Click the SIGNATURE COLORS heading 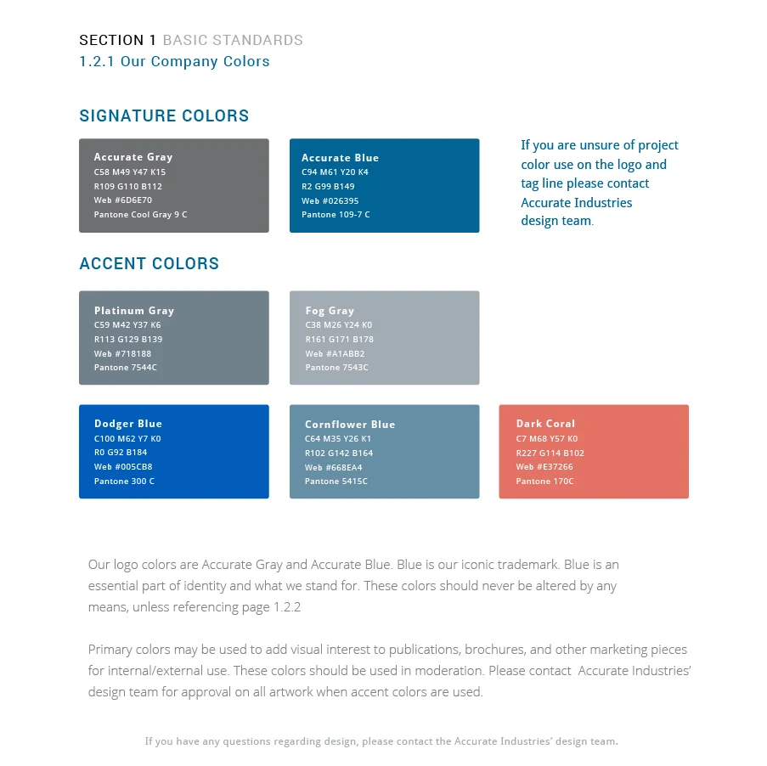pos(164,116)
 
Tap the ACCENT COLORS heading pos(149,264)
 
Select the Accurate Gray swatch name pos(133,157)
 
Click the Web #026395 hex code pos(330,201)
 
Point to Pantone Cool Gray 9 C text pos(141,215)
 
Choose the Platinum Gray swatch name pos(134,311)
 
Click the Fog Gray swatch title pos(330,311)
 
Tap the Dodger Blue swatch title pos(128,424)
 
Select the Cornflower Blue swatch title pos(350,425)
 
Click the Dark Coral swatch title pos(545,424)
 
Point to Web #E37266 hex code pos(544,467)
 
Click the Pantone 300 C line pos(125,482)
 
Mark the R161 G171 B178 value pos(340,340)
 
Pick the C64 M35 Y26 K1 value pos(338,439)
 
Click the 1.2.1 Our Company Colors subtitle pos(174,62)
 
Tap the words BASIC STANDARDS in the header pos(233,40)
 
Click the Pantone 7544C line pos(126,368)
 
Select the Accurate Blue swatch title pos(340,158)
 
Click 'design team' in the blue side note pos(556,221)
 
